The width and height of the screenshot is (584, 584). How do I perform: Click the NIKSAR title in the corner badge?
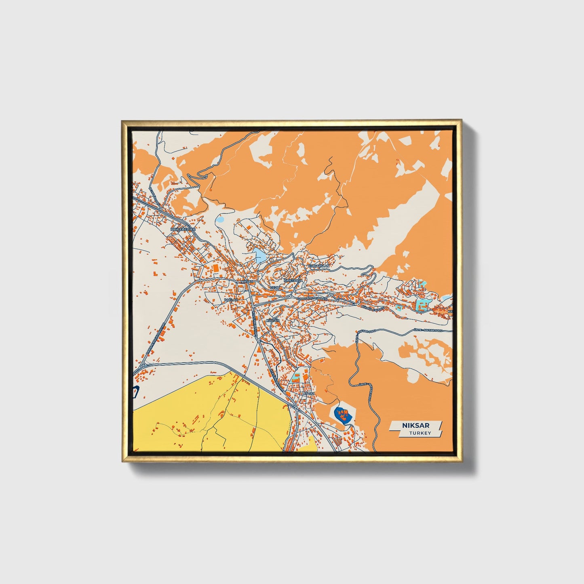tap(415, 425)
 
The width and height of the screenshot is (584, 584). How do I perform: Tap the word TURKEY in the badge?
tap(420, 433)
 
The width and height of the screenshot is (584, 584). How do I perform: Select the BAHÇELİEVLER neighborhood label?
tap(183, 229)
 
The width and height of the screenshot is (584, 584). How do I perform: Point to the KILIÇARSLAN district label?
tap(319, 266)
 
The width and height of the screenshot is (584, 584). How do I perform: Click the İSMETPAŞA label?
tap(293, 280)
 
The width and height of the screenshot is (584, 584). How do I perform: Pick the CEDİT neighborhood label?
tap(275, 287)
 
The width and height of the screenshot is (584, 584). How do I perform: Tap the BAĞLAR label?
tap(231, 300)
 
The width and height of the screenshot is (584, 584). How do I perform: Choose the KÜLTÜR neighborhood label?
tap(273, 320)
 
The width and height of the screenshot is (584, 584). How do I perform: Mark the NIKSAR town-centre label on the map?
tap(246, 281)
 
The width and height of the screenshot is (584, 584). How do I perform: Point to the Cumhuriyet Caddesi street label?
tap(312, 299)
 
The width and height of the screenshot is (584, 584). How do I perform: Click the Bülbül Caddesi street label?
tap(371, 308)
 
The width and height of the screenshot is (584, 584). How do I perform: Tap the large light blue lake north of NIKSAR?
tap(259, 255)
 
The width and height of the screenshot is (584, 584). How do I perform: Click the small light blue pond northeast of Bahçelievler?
tap(220, 220)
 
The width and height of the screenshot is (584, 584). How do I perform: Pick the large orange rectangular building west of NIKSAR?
tap(215, 268)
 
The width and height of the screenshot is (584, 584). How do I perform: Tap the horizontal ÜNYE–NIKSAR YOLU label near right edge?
tap(428, 330)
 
